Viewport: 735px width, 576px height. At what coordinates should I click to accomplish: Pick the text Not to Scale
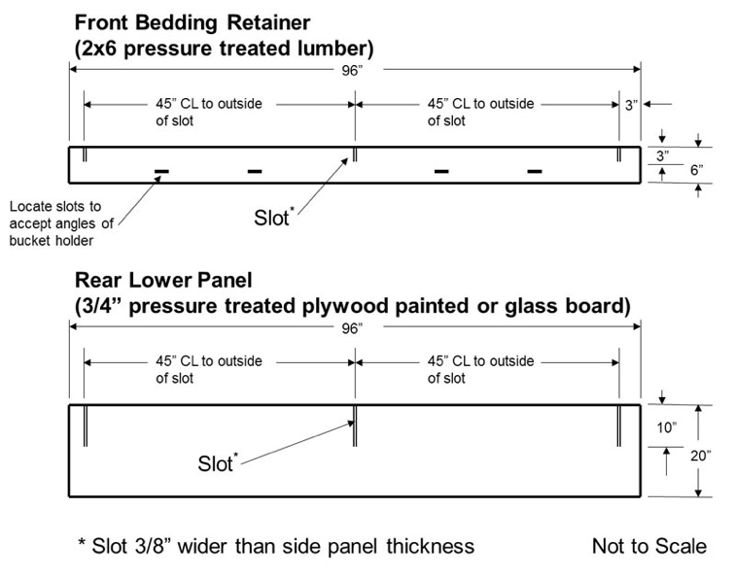(649, 546)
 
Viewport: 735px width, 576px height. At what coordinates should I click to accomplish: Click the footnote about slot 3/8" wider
(275, 546)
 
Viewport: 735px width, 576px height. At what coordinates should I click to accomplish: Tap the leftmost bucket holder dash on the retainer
(162, 172)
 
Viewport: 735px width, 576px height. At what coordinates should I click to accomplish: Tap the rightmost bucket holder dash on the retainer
(534, 172)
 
